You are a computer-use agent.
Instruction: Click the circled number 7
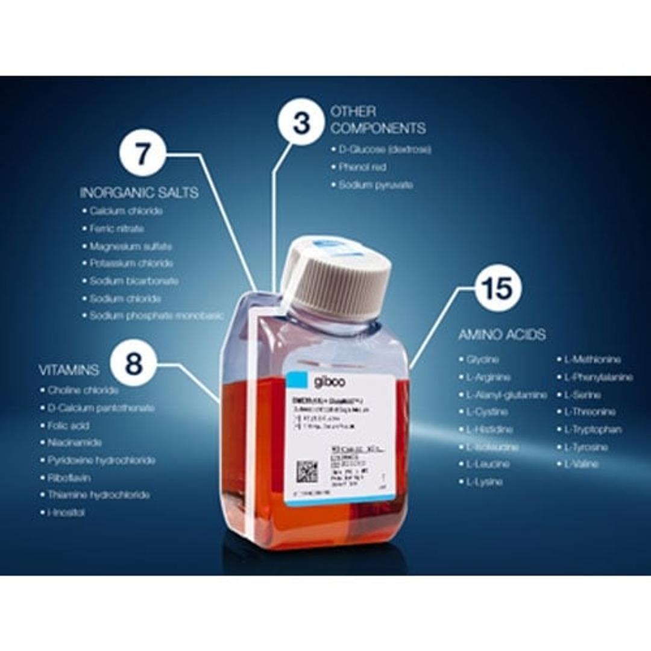point(142,154)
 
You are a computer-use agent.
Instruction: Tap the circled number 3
point(301,122)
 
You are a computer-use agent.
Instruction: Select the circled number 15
point(499,288)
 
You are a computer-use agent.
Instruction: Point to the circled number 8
point(134,363)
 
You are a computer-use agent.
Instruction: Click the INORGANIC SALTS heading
point(139,193)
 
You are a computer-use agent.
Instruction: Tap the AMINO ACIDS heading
point(502,335)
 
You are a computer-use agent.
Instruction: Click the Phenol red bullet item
point(362,167)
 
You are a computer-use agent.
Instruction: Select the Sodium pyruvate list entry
point(375,185)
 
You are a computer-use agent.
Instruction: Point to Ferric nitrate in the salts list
point(116,229)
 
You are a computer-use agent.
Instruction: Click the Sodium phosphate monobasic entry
point(156,316)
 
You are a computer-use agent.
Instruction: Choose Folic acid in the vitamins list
point(68,426)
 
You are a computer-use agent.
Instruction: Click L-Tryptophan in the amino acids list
point(592,430)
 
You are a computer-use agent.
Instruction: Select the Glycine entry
point(482,359)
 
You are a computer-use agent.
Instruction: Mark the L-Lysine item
point(483,482)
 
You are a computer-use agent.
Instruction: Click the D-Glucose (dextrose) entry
point(384,149)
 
